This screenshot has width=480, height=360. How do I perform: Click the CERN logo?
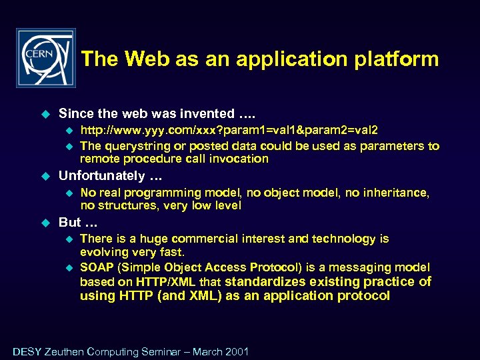coord(46,58)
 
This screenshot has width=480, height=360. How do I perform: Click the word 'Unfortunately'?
coord(101,176)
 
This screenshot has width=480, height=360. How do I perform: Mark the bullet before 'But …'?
coord(45,223)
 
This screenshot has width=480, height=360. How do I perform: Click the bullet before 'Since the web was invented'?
coord(45,114)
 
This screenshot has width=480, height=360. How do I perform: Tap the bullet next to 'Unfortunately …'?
coord(45,176)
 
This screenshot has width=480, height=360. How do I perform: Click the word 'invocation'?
coord(237,159)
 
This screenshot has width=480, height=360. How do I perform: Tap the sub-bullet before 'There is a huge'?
coord(67,239)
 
